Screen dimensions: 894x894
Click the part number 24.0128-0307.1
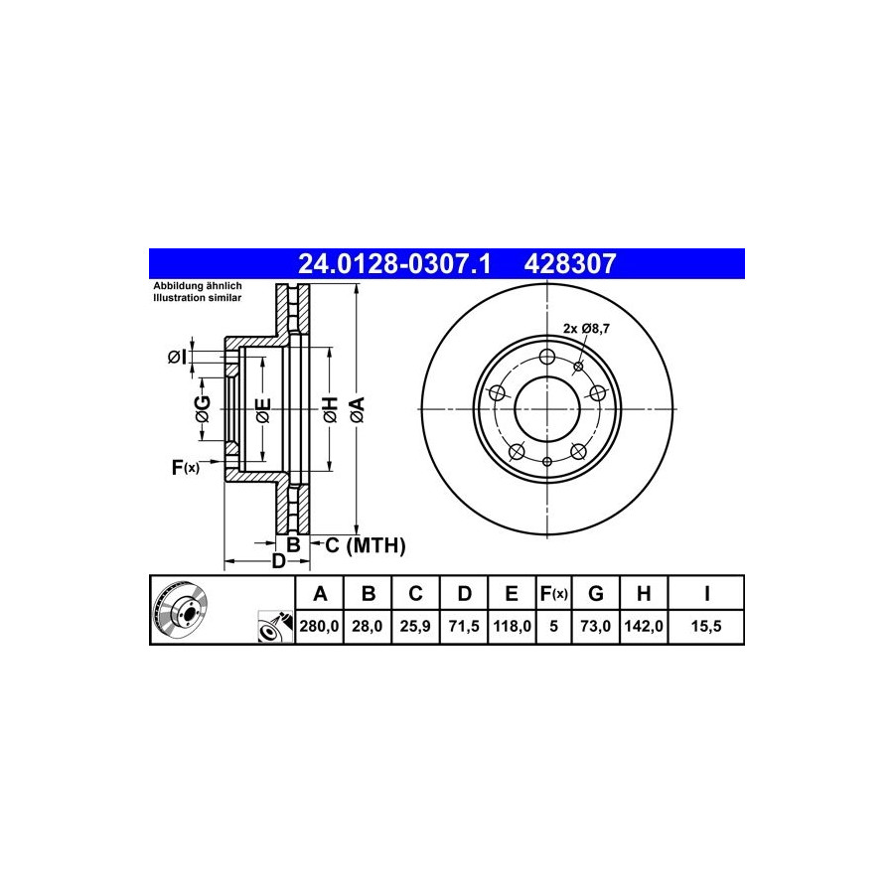(394, 264)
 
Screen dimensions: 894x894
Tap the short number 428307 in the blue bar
(570, 264)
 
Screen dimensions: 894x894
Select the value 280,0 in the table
(319, 627)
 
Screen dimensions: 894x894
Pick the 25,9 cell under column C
(415, 627)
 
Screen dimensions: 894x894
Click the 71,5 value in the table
(464, 627)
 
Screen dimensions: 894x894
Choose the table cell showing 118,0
(512, 627)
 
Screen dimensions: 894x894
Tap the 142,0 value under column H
(644, 627)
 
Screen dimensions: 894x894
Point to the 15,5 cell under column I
(706, 627)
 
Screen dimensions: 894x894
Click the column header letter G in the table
(595, 594)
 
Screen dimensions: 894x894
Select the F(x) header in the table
(553, 594)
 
